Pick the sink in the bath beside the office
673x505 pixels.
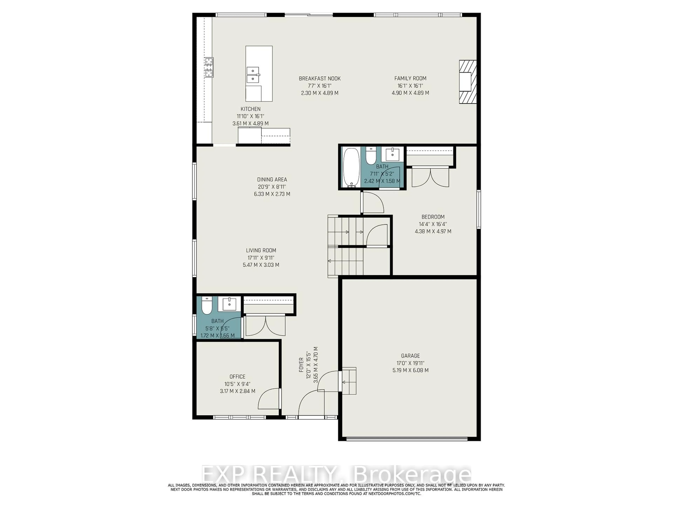[x=229, y=304]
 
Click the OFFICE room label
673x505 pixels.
[x=237, y=376]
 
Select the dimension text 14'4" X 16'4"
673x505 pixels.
[x=433, y=224]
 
